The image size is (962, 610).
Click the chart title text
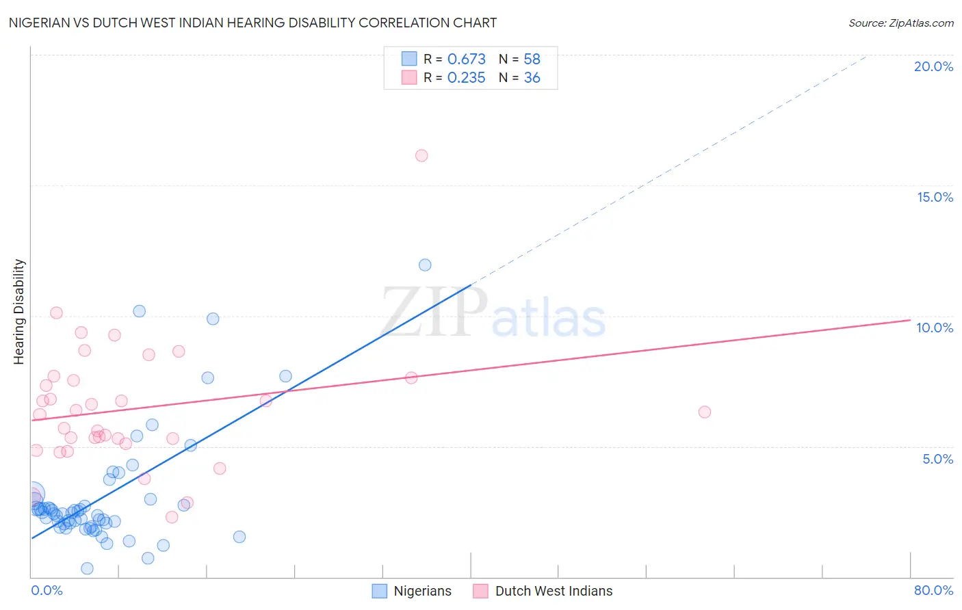click(x=252, y=23)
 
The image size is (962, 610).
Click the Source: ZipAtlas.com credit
click(x=900, y=23)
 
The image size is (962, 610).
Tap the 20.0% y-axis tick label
click(x=933, y=66)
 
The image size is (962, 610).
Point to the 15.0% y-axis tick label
click(x=935, y=197)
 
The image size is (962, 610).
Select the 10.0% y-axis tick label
click(x=935, y=328)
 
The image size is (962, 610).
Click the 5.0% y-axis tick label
click(x=937, y=459)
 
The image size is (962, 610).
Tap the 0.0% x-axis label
click(x=47, y=590)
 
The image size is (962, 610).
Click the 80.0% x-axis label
click(x=933, y=590)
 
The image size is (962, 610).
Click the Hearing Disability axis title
click(x=19, y=312)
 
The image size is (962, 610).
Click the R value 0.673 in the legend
click(x=466, y=59)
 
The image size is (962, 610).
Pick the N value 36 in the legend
click(x=532, y=78)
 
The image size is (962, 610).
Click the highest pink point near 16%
click(x=421, y=156)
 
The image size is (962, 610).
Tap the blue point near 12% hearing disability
click(x=425, y=265)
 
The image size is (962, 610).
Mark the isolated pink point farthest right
click(x=705, y=412)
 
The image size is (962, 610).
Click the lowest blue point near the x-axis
click(x=87, y=568)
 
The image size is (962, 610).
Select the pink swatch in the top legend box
click(x=409, y=77)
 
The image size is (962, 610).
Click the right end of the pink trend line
click(x=910, y=320)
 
